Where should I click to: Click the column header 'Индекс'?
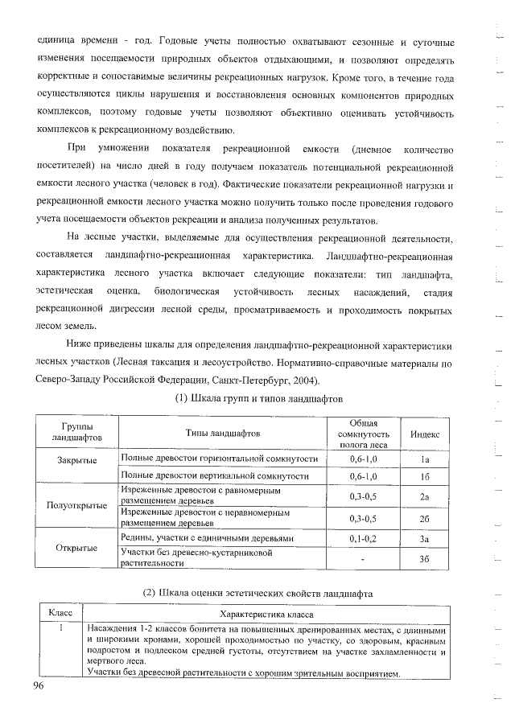click(424, 433)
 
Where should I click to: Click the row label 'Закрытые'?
click(77, 459)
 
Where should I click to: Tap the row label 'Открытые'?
click(77, 548)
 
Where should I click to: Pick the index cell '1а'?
click(425, 459)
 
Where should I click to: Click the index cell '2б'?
click(425, 519)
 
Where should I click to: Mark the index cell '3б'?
click(425, 559)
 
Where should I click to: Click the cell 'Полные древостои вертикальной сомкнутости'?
click(214, 476)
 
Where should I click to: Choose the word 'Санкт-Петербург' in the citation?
click(246, 380)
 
